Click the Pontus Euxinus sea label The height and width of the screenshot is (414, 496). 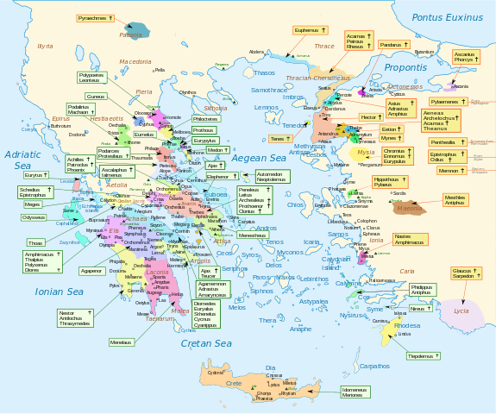click(x=449, y=17)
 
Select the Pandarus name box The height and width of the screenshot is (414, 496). click(x=392, y=44)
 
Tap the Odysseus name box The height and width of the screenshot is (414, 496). click(x=34, y=217)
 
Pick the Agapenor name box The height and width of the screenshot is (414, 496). click(x=92, y=271)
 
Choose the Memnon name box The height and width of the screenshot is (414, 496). click(x=449, y=171)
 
